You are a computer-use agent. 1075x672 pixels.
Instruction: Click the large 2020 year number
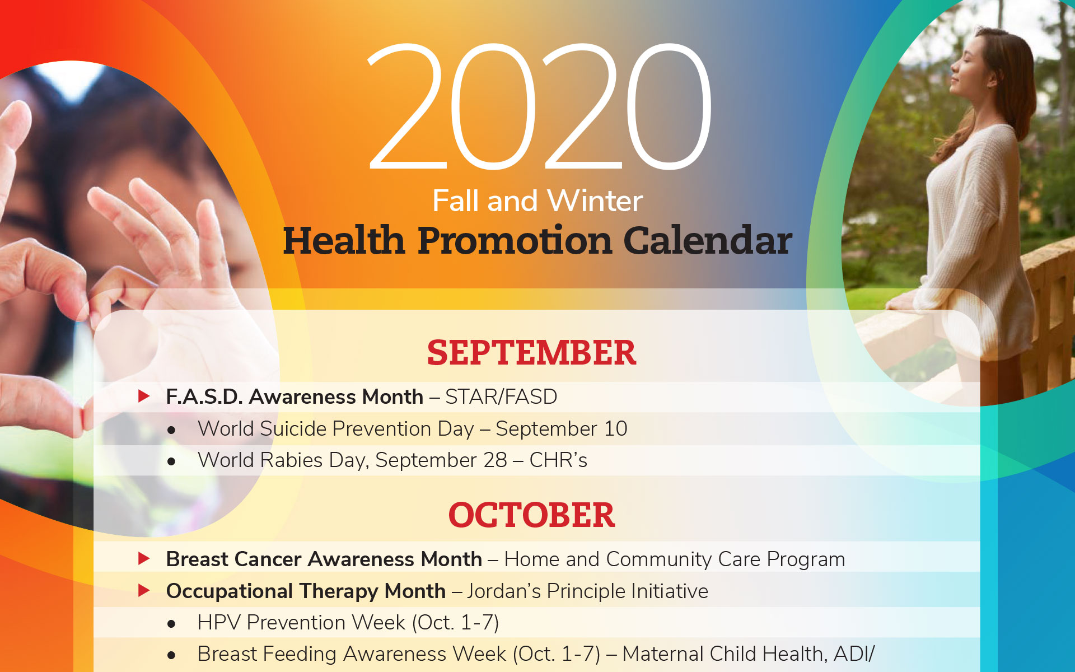coord(540,106)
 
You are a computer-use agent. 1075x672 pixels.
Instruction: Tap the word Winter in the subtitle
coord(595,200)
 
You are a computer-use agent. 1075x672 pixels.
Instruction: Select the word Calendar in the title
coord(708,241)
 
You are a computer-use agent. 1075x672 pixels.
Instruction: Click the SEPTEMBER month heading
coord(531,353)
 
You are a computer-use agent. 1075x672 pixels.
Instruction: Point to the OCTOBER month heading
coord(531,515)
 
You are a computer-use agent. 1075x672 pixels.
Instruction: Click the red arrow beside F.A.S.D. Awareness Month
coord(144,396)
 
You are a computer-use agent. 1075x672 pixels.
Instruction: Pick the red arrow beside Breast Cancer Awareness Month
coord(144,558)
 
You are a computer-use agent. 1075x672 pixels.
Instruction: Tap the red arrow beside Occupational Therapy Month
coord(144,590)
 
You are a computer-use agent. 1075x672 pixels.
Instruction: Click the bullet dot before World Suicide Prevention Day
coord(171,430)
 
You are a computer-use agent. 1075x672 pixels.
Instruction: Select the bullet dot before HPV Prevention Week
coord(171,623)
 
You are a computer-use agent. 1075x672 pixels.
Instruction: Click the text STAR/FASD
coord(501,396)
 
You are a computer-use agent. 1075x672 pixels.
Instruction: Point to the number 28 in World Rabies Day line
coord(496,460)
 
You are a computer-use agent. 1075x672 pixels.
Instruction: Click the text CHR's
coord(558,460)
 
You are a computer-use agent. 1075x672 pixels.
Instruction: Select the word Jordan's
coord(504,591)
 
